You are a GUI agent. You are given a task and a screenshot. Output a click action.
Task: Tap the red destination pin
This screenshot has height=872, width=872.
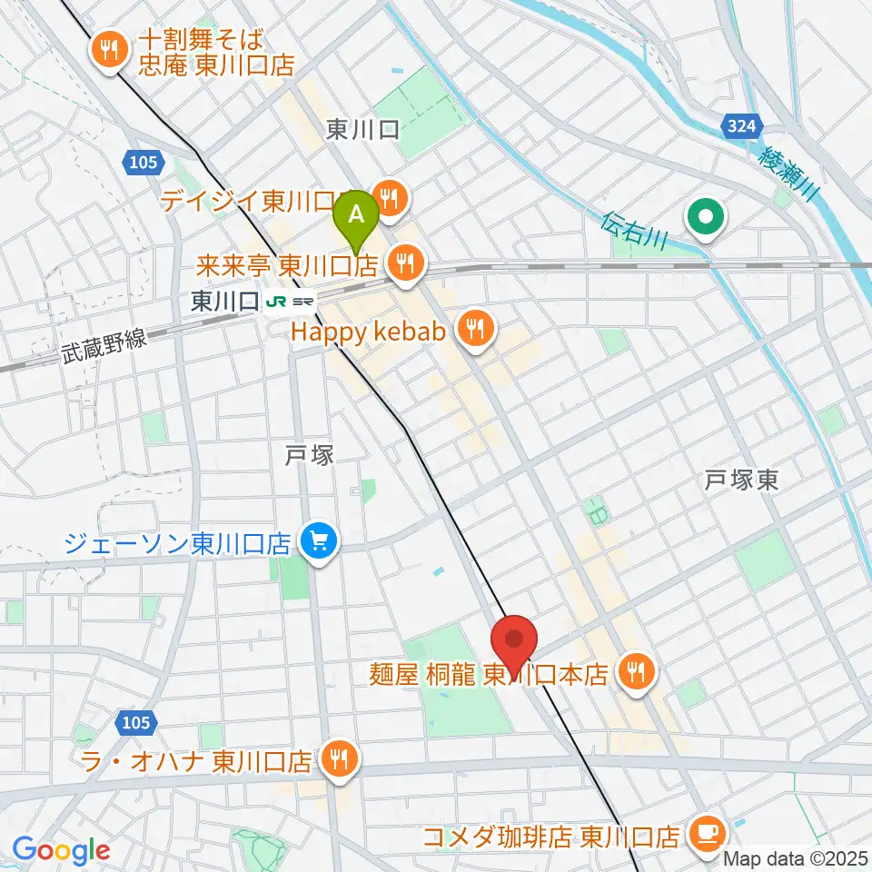tap(513, 641)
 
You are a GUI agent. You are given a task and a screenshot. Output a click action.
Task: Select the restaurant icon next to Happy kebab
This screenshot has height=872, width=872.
tap(474, 328)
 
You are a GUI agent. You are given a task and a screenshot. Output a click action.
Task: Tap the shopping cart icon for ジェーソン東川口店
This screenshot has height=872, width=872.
tap(320, 543)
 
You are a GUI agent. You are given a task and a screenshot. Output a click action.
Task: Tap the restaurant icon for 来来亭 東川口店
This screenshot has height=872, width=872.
tap(403, 263)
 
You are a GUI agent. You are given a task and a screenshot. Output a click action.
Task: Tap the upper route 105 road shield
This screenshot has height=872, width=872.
tap(142, 162)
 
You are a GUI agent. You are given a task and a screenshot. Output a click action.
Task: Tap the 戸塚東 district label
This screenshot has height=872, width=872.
tap(742, 481)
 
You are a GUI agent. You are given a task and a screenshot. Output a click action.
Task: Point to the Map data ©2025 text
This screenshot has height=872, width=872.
tap(796, 857)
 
